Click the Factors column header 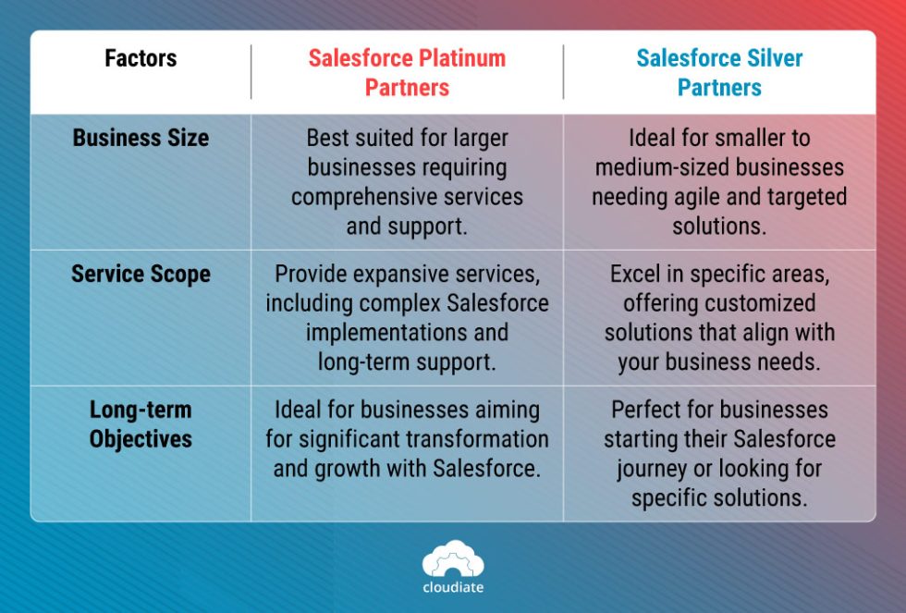[x=141, y=58]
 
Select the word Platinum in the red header [x=458, y=58]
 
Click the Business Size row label [x=141, y=138]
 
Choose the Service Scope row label [x=141, y=275]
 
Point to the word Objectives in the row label [x=141, y=438]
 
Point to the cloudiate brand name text [x=453, y=587]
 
